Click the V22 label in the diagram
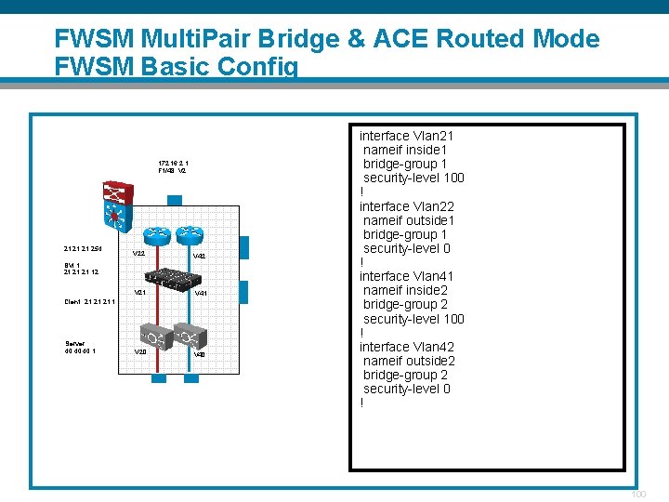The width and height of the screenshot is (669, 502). click(x=138, y=254)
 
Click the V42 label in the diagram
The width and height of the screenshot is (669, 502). click(x=199, y=256)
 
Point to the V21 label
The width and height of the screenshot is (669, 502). click(x=139, y=293)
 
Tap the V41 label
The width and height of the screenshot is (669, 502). click(x=200, y=293)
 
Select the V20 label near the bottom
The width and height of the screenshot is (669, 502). click(x=139, y=352)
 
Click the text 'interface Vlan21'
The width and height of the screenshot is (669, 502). click(x=406, y=136)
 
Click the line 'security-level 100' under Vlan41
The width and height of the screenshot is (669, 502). click(x=413, y=319)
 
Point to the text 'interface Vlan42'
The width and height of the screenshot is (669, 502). click(x=406, y=347)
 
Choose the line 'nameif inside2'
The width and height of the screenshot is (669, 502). click(x=405, y=291)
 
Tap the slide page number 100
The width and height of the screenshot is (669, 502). click(x=637, y=494)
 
